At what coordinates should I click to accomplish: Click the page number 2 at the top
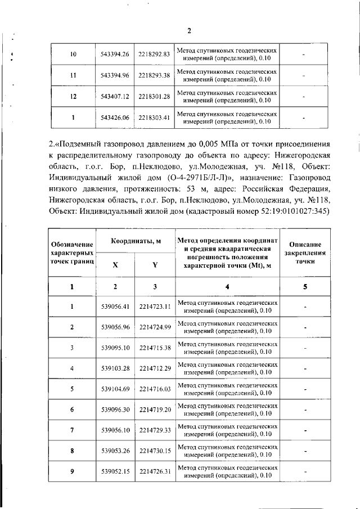tap(189, 30)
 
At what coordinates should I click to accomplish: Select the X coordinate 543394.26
tap(115, 54)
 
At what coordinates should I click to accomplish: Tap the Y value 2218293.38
tap(154, 75)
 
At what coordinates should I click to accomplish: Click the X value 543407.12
tap(115, 97)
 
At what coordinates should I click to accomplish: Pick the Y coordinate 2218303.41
tap(154, 118)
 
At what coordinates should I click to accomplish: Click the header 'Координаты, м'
tap(135, 241)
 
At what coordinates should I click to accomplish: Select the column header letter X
tap(115, 267)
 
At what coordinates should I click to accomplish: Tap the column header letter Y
tap(154, 267)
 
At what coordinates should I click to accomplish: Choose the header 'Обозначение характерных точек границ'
tap(71, 253)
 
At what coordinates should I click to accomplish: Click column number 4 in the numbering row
tap(227, 287)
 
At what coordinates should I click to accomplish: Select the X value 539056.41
tap(115, 307)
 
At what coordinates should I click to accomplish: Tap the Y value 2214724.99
tap(154, 327)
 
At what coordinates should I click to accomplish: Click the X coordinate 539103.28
tap(115, 368)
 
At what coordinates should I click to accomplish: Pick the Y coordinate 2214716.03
tap(154, 389)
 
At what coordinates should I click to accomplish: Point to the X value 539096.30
tap(115, 410)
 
